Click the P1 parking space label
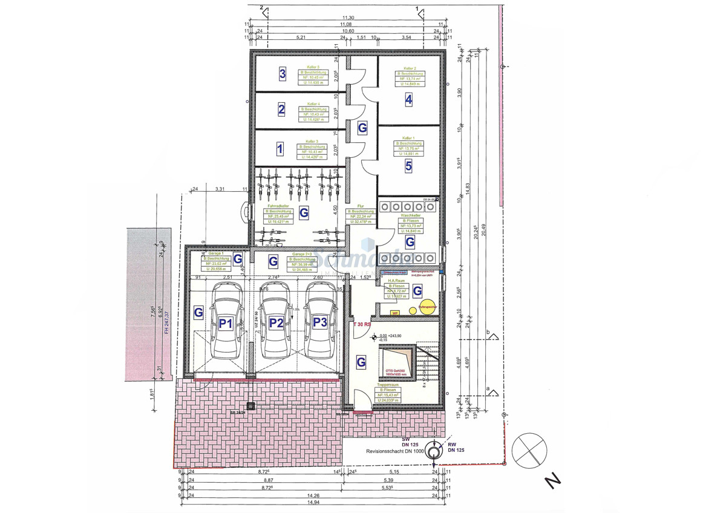coord(226,324)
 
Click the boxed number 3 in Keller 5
coord(282,74)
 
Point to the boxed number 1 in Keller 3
coord(280,148)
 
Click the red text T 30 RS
coord(362,324)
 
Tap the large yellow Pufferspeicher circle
coord(428,307)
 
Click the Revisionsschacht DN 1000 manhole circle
coord(433,451)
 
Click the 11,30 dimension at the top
coord(348,18)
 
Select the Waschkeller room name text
coord(410,215)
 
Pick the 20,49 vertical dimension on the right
coord(484,230)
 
